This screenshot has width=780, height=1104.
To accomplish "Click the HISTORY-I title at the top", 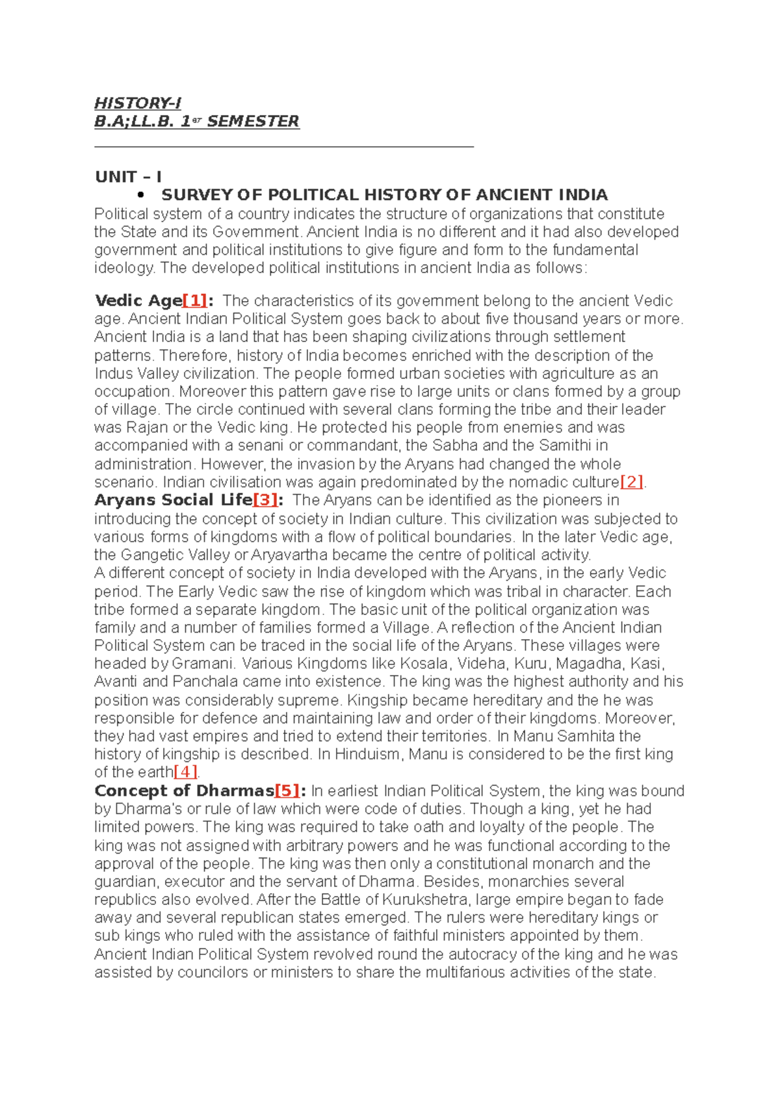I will coord(137,103).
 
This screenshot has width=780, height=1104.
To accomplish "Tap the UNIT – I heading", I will coord(128,177).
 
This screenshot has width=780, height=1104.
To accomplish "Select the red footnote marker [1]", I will coord(195,300).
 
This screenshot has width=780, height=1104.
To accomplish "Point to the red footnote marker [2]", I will coord(632,482).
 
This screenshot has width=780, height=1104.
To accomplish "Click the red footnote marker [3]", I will coord(265,500).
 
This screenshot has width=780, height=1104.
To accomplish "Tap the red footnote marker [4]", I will coord(186,772).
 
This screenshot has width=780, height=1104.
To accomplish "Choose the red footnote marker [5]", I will coord(287,791).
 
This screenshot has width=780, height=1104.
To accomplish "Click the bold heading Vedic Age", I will coord(138,300).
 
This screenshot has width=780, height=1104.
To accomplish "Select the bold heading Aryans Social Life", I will coord(173,500).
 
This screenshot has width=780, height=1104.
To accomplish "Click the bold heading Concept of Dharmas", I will coord(184,791).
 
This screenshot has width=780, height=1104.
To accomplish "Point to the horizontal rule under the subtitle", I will coord(284,148).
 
